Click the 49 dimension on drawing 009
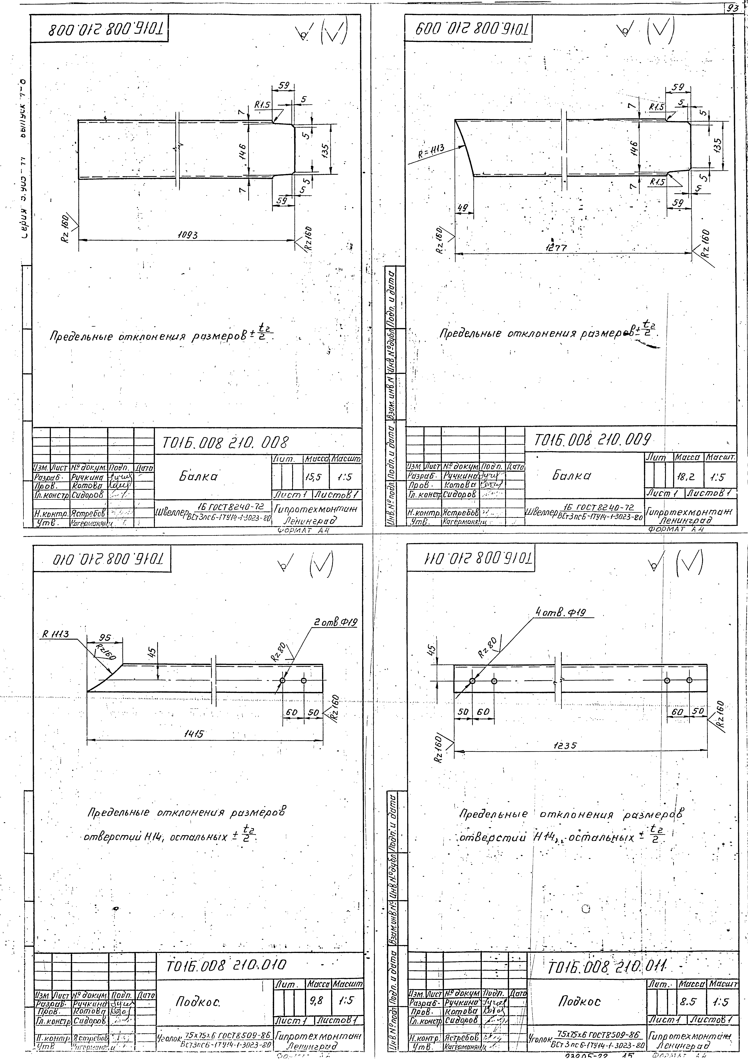[462, 209]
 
